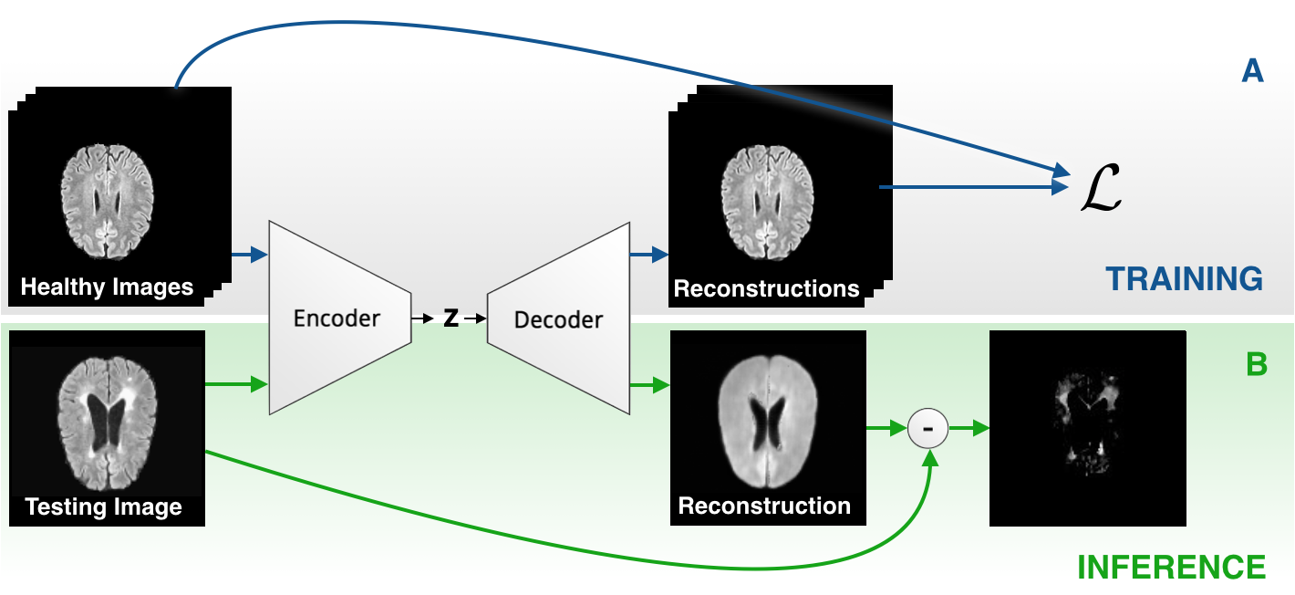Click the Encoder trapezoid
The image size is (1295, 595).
340,318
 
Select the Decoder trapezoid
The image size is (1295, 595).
558,318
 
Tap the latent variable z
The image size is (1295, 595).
451,318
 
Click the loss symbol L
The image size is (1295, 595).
1101,187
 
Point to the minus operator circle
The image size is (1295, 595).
927,429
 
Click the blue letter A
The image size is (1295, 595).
1252,71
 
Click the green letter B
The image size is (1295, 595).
1257,364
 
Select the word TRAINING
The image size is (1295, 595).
1184,278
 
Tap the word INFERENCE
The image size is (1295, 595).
1171,567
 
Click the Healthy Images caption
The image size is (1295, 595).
107,287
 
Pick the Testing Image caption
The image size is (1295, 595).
103,507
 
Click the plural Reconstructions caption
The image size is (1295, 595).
767,288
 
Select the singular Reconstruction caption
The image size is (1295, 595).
764,506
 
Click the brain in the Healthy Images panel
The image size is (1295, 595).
107,201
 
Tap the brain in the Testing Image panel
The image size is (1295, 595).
107,423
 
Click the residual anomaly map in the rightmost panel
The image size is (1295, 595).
1087,423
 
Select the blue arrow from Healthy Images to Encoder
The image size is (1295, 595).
250,254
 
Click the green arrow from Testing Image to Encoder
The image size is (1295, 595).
237,384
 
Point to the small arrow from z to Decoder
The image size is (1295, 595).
474,318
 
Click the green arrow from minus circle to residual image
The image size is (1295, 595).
969,429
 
